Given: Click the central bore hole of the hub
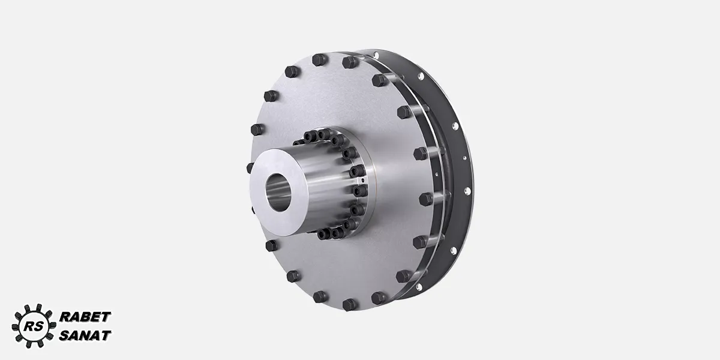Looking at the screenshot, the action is [278, 192].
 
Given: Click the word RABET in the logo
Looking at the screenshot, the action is [85, 317].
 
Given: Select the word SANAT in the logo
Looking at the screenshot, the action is [85, 335].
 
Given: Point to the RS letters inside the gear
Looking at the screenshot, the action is [34, 326].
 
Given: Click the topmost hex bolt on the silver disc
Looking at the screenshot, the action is [319, 60].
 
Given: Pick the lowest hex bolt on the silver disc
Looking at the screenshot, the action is [350, 304].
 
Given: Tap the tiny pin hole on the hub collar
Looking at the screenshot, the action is [363, 181].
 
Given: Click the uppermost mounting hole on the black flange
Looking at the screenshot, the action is [376, 56].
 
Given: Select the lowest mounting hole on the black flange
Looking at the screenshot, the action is [419, 286].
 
